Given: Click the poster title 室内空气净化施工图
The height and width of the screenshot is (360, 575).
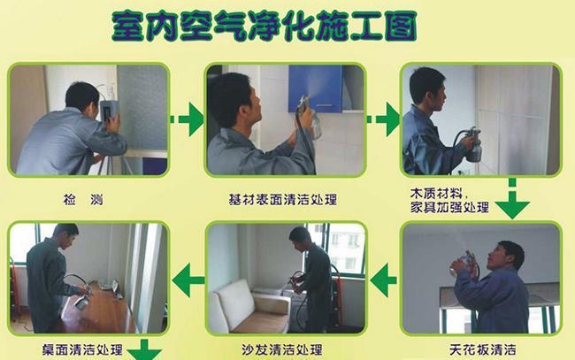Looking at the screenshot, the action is (x=264, y=26).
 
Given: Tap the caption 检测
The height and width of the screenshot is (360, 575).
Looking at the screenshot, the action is (x=83, y=200).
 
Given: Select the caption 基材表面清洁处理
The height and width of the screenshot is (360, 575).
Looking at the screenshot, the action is (x=282, y=200).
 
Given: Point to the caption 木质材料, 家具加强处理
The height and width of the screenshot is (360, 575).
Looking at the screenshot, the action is (x=449, y=200).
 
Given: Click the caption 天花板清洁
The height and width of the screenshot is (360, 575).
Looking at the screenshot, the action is (x=483, y=349).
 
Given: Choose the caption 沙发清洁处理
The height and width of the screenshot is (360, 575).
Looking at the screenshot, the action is (x=282, y=349).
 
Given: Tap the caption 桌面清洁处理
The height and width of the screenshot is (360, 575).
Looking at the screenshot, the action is (x=82, y=349).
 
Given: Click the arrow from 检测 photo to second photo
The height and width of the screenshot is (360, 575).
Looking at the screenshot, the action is (x=188, y=119).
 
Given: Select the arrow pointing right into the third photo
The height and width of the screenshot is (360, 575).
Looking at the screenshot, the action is (x=384, y=119).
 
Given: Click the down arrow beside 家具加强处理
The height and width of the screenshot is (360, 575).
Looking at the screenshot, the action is (x=512, y=200).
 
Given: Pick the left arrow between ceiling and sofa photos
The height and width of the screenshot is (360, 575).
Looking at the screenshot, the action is (x=383, y=280).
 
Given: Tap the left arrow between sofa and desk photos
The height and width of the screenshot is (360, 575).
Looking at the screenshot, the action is (x=188, y=280).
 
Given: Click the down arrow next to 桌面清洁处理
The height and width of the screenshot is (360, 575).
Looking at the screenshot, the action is (x=144, y=350).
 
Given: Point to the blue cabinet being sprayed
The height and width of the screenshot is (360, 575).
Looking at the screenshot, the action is (x=316, y=88).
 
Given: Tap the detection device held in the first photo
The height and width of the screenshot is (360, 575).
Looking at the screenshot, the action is (x=109, y=111).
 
